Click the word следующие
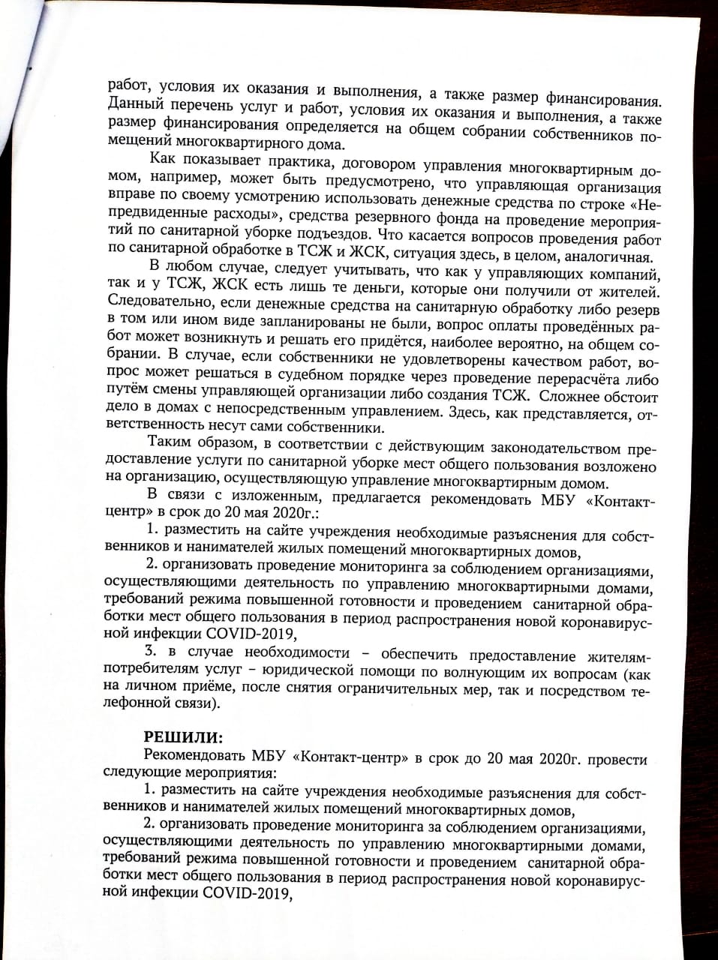pos(141,775)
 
